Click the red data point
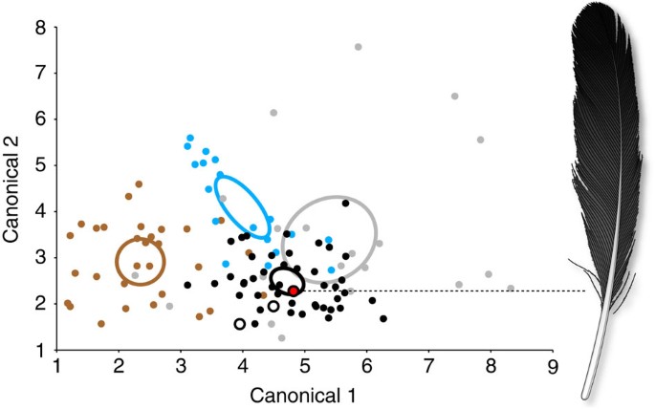pyautogui.click(x=294, y=291)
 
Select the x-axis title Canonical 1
pyautogui.click(x=303, y=394)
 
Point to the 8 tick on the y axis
pyautogui.click(x=41, y=29)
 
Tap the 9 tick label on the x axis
pyautogui.click(x=552, y=365)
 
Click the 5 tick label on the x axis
pyautogui.click(x=304, y=365)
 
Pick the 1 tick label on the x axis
pyautogui.click(x=57, y=365)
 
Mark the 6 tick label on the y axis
pyautogui.click(x=41, y=119)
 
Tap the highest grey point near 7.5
pyautogui.click(x=454, y=97)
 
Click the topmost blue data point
pyautogui.click(x=190, y=139)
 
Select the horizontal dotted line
pyautogui.click(x=440, y=291)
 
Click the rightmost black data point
pyautogui.click(x=383, y=318)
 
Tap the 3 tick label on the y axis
pyautogui.click(x=41, y=258)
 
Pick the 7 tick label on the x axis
pyautogui.click(x=428, y=365)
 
